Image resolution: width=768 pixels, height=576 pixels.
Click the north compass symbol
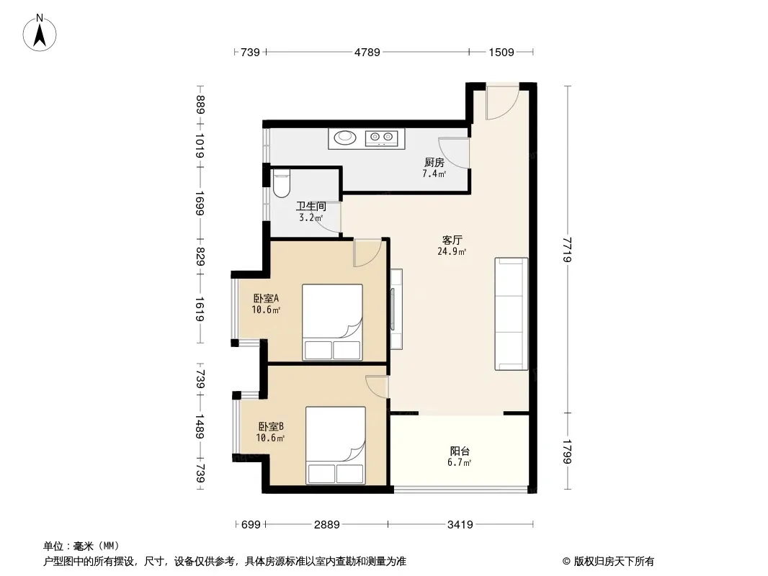click(40, 33)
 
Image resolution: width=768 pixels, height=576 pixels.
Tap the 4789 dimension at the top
click(367, 52)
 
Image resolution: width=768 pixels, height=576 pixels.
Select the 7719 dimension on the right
click(567, 250)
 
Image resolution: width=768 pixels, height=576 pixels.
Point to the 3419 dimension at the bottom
click(460, 525)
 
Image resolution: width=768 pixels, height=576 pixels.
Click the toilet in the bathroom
click(282, 183)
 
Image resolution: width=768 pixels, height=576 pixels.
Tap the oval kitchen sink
click(345, 138)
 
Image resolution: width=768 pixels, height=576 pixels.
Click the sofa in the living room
click(512, 314)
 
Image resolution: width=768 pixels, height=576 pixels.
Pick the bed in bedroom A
click(333, 322)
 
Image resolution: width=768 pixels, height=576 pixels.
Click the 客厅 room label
click(452, 240)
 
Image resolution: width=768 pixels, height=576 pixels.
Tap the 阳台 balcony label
click(460, 451)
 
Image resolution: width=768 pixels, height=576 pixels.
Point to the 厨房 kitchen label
click(434, 162)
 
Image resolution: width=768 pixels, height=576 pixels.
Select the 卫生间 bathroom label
click(311, 206)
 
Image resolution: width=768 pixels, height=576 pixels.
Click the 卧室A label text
click(266, 298)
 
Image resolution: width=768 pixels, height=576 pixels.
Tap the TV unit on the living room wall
click(396, 309)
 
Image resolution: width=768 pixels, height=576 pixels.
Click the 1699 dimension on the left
click(200, 203)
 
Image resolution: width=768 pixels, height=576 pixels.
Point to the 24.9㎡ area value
click(452, 252)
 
